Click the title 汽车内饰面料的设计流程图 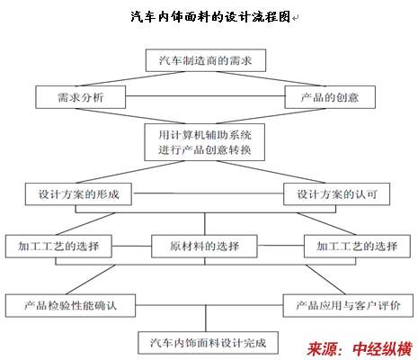click(x=210, y=17)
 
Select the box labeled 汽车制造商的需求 click(x=206, y=60)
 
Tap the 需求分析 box click(x=81, y=97)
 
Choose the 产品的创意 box click(x=330, y=97)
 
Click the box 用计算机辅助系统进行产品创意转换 click(x=205, y=142)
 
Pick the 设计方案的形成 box click(x=78, y=194)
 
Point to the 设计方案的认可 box click(x=337, y=194)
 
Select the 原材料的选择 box click(x=204, y=247)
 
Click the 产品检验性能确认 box click(x=70, y=306)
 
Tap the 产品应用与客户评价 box click(x=348, y=306)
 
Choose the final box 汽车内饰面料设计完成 click(x=209, y=343)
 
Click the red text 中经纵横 click(x=383, y=349)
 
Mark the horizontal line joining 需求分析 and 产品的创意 click(x=205, y=96)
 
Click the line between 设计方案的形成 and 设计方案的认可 click(x=208, y=193)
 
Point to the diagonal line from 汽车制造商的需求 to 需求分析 click(x=130, y=79)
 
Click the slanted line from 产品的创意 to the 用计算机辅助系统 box click(x=271, y=116)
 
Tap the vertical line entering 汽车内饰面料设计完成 click(x=206, y=319)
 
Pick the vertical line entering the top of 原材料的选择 click(x=205, y=224)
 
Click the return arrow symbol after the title click(x=295, y=18)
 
